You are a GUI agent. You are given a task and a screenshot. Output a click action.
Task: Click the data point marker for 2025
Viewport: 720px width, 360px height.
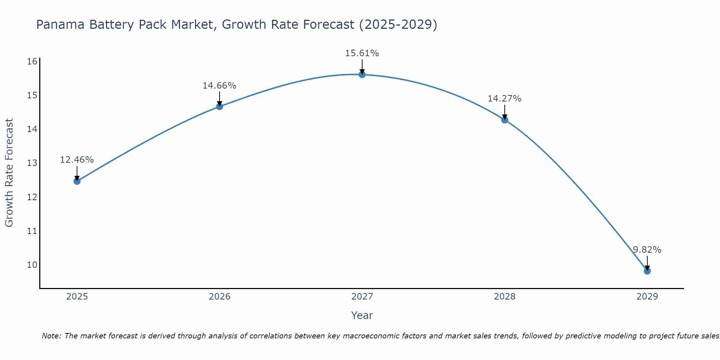(x=77, y=181)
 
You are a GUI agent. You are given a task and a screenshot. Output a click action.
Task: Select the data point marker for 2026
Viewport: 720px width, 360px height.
(x=220, y=106)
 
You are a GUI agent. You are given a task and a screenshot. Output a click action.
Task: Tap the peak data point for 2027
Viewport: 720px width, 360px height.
(x=362, y=75)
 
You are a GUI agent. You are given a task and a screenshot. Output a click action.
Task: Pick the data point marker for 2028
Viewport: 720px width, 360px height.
(x=505, y=120)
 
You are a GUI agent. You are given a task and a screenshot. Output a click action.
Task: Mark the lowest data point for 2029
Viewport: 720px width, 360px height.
(x=647, y=271)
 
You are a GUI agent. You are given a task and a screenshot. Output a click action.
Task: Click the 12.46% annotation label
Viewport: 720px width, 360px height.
(x=77, y=159)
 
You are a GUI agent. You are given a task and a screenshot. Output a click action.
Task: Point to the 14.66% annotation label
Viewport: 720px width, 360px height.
(x=220, y=86)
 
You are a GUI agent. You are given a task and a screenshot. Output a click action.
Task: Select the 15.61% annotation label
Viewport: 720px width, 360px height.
(x=362, y=53)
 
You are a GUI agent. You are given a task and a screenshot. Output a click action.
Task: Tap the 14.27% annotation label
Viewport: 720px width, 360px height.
(x=505, y=99)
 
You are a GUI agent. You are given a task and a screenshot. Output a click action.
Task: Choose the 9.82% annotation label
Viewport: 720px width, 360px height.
(x=647, y=250)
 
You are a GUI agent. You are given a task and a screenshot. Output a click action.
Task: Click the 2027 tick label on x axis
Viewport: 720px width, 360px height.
(x=362, y=297)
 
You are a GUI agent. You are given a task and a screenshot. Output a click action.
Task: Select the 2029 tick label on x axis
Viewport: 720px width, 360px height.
(x=647, y=297)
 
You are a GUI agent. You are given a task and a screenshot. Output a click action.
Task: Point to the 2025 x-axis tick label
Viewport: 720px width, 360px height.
(x=77, y=297)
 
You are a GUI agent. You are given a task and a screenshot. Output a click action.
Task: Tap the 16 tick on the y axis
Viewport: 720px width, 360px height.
(x=32, y=62)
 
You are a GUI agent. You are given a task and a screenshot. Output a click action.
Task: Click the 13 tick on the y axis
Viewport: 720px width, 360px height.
(x=32, y=163)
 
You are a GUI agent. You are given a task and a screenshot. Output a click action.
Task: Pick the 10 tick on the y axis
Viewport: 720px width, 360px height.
(x=32, y=265)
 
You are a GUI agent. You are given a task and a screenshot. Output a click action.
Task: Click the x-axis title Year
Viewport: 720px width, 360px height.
(x=362, y=315)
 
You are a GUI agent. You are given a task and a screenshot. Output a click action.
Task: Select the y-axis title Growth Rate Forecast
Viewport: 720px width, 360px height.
(x=9, y=173)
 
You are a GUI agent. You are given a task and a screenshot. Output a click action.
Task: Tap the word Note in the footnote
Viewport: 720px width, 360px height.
(x=51, y=336)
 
